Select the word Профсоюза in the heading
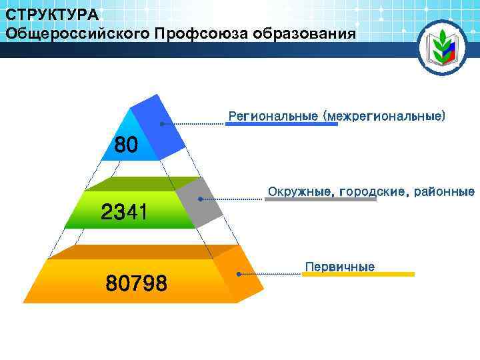[197, 33]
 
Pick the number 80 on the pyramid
[126, 145]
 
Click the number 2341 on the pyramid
[124, 213]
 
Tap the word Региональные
[273, 116]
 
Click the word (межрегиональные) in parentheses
[384, 116]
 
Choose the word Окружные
[301, 192]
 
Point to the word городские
[375, 192]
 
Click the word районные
[445, 192]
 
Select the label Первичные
[340, 267]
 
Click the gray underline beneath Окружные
[320, 199]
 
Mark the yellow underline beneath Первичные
[358, 274]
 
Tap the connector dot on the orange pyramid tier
[239, 273]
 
